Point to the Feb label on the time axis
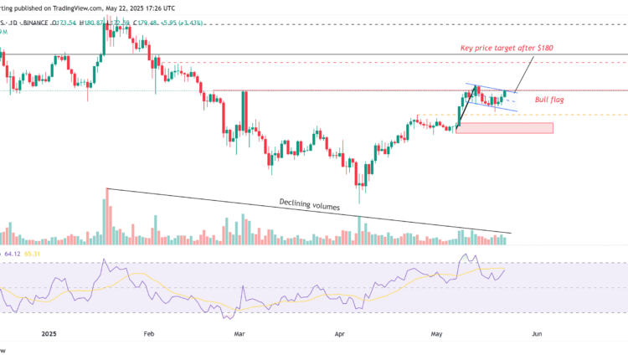149,333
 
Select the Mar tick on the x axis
240,333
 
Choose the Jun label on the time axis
537,333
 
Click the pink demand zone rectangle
505,128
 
